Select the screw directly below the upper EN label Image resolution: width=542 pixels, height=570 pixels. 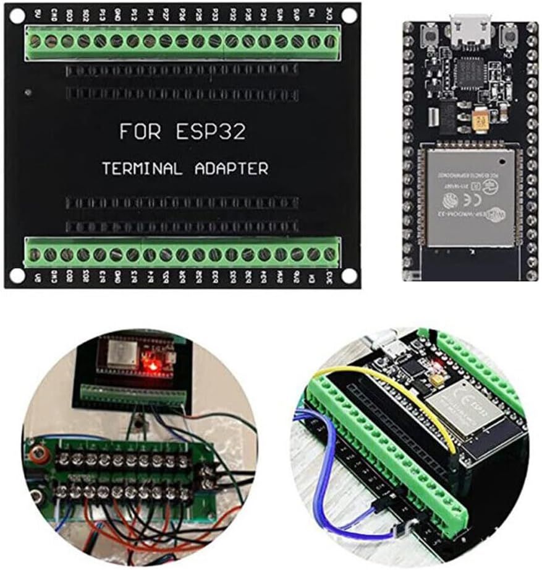[314, 41]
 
